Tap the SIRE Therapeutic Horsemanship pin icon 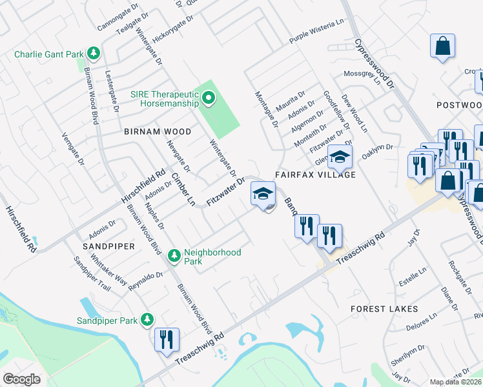tap(208, 99)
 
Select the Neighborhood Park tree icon tap(174, 256)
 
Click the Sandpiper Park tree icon tap(148, 320)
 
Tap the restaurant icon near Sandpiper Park tap(167, 339)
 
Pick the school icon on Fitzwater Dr tap(263, 193)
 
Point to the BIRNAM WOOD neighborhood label tap(158, 132)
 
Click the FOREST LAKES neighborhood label tap(384, 309)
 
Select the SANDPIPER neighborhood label tap(108, 246)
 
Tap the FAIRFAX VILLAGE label tap(315, 175)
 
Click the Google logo tap(21, 379)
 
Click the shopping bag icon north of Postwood tap(443, 46)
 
